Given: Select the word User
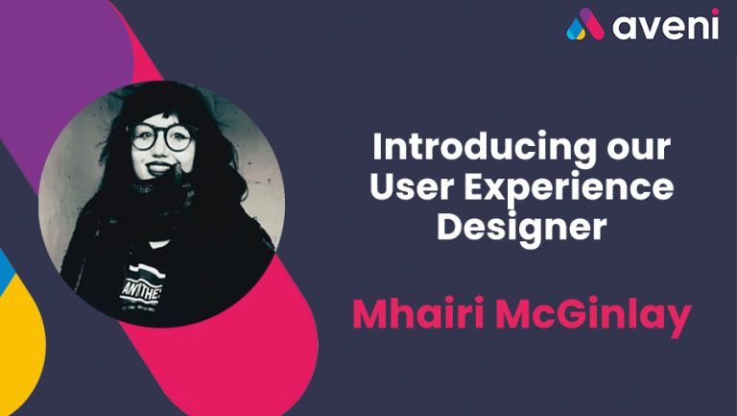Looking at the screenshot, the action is (x=411, y=186).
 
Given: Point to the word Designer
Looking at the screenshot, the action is (x=522, y=229).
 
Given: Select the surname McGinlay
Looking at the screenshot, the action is (x=593, y=315).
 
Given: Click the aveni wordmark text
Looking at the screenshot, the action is (x=665, y=26).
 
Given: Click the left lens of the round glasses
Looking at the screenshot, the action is (x=144, y=136).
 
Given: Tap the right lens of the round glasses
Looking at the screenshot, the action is (x=178, y=138).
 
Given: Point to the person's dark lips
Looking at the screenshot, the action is (x=158, y=167).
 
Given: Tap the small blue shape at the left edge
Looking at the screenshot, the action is (x=6, y=269).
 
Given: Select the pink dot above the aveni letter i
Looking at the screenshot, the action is (x=715, y=12).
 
